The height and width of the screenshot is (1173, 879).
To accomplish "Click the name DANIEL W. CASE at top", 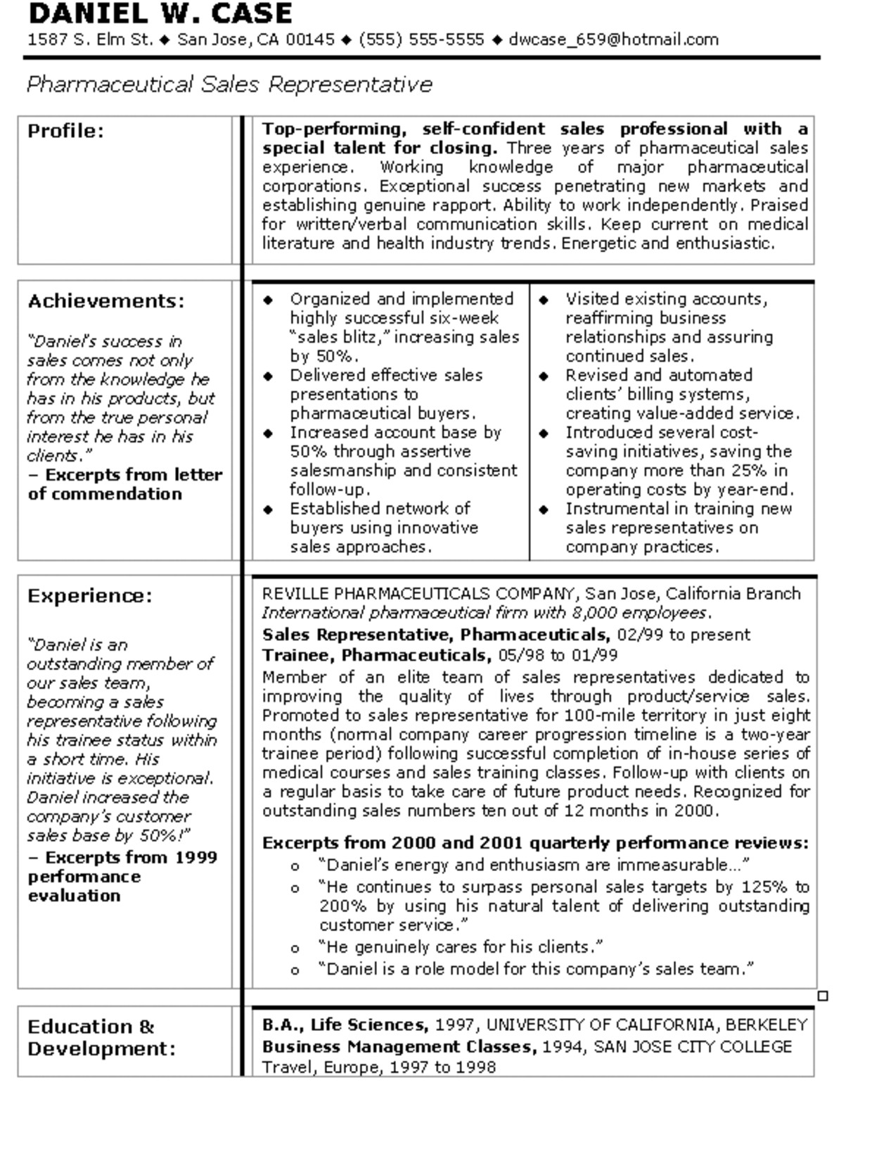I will click(160, 13).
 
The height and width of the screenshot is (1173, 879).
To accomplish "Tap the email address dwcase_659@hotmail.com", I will click(613, 39).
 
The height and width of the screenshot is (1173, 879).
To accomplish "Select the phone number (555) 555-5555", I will click(421, 39).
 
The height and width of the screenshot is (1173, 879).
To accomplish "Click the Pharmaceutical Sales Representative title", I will click(229, 84).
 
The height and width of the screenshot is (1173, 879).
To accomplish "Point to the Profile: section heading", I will click(65, 131).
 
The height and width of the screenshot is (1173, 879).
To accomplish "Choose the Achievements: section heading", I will click(106, 301).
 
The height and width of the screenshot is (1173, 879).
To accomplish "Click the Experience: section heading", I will click(89, 596).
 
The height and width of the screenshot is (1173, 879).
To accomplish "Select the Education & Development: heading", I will click(101, 1037).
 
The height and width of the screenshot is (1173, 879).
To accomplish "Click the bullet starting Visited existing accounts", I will click(666, 299).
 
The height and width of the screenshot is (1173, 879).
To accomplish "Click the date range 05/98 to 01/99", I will click(558, 655).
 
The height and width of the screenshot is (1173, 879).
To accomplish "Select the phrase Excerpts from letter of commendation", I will click(125, 484).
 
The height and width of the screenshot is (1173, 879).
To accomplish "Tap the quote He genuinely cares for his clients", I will click(460, 946).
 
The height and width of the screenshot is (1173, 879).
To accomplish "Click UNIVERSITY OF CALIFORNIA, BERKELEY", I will click(646, 1025).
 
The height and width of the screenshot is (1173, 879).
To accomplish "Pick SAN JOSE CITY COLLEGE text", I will click(692, 1046).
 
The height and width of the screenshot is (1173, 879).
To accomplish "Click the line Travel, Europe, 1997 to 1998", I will click(379, 1067).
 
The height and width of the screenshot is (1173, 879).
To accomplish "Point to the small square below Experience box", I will click(823, 996).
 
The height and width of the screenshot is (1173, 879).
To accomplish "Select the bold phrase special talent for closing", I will click(380, 148).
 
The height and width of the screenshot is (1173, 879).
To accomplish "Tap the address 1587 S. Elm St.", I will click(90, 39).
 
